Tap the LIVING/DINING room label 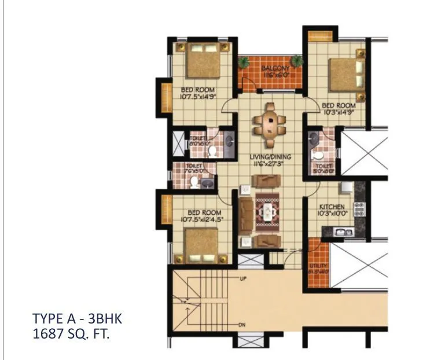tap(270, 157)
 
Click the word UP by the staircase tap(244, 278)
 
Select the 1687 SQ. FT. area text tap(71, 333)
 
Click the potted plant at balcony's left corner tap(242, 60)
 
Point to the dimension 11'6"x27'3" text tap(270, 164)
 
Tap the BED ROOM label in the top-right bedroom tap(339, 105)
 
